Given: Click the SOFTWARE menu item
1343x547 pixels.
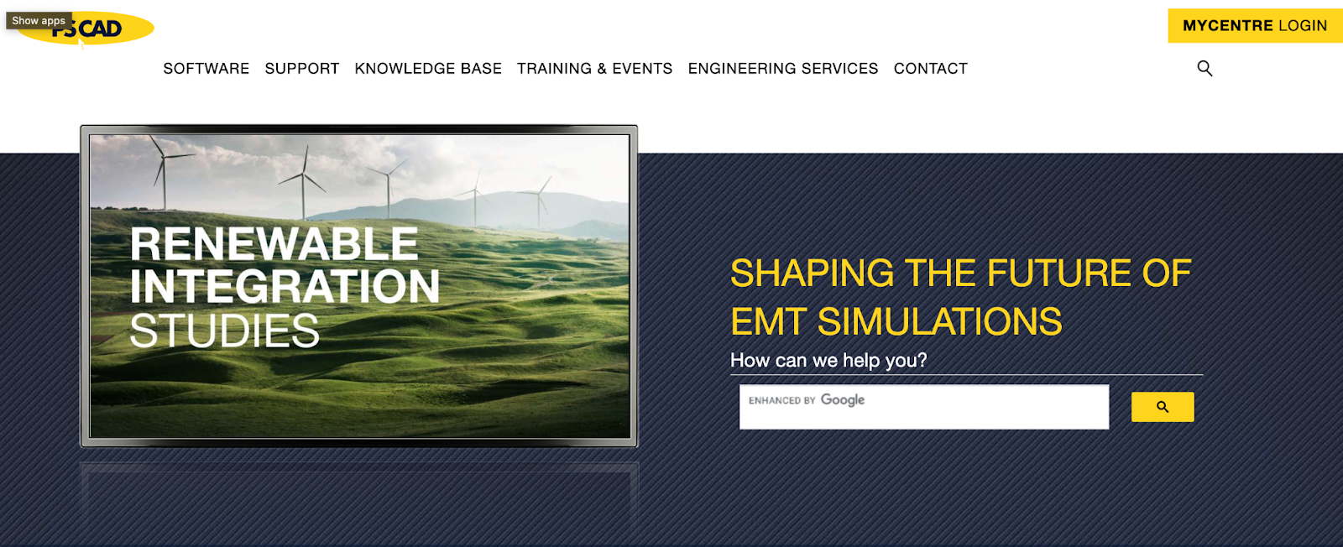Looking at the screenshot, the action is coord(206,69).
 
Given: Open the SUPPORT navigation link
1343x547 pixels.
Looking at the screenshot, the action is coord(302,69).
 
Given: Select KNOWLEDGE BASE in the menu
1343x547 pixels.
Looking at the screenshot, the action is coord(428,69).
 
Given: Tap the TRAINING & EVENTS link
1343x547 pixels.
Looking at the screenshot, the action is coord(595,69).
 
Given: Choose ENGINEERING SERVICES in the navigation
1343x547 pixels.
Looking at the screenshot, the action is coord(783,69).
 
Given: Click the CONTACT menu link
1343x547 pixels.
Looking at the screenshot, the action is coord(931,69).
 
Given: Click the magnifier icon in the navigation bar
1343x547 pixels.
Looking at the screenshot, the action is coord(1205,68).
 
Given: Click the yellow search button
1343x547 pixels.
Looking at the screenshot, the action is coord(1163,407).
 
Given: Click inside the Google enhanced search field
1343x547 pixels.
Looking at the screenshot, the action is coord(924,407).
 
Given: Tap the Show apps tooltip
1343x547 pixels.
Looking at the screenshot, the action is coord(39,20).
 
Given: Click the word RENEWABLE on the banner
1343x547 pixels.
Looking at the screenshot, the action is coord(274,244).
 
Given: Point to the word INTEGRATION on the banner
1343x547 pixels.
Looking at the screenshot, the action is coord(285,286).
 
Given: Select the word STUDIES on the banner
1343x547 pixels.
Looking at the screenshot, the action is coord(225,330).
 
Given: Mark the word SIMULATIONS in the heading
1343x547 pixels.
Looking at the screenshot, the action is coord(939,321).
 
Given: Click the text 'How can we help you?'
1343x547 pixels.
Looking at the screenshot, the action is coord(828,360).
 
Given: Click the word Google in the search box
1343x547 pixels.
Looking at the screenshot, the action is coord(843,400).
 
